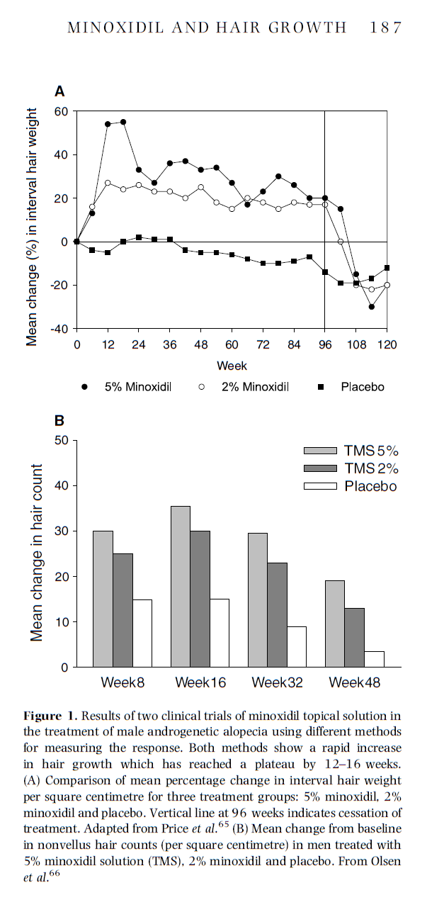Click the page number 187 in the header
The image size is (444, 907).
(x=385, y=28)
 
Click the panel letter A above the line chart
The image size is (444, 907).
(x=60, y=91)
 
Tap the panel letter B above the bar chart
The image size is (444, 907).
(x=60, y=420)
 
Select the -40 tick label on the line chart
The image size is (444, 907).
(x=58, y=329)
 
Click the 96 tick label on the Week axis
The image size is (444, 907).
(x=325, y=345)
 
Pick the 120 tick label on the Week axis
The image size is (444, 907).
(x=387, y=345)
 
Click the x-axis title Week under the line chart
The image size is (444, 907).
(x=232, y=366)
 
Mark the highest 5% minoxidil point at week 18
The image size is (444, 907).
(x=123, y=122)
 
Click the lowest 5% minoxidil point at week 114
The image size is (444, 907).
(x=372, y=307)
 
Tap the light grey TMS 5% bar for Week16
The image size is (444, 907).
(x=181, y=587)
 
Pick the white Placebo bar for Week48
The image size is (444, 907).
(x=374, y=659)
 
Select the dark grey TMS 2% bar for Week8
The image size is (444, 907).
(x=123, y=610)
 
